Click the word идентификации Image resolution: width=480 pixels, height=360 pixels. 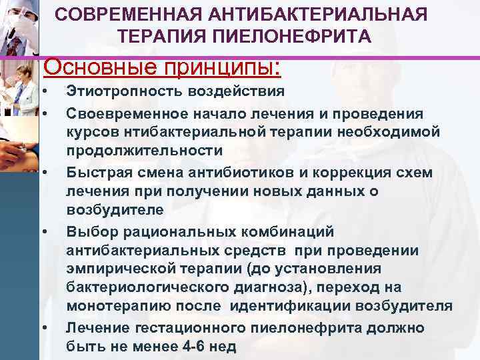pos(299,307)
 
